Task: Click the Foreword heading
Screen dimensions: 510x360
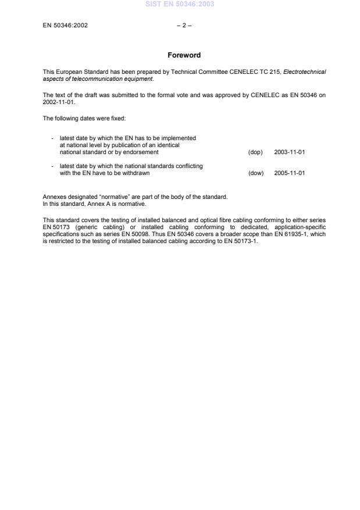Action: click(x=184, y=55)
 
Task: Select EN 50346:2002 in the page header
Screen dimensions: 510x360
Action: click(x=65, y=26)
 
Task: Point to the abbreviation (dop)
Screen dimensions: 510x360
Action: click(x=255, y=152)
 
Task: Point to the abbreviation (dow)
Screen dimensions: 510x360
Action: click(x=256, y=173)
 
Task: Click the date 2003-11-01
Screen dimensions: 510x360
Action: click(x=289, y=152)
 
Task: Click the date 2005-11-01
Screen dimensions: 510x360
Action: click(x=289, y=173)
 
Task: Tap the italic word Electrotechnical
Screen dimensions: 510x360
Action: click(x=304, y=72)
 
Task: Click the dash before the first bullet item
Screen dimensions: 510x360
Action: click(x=52, y=138)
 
